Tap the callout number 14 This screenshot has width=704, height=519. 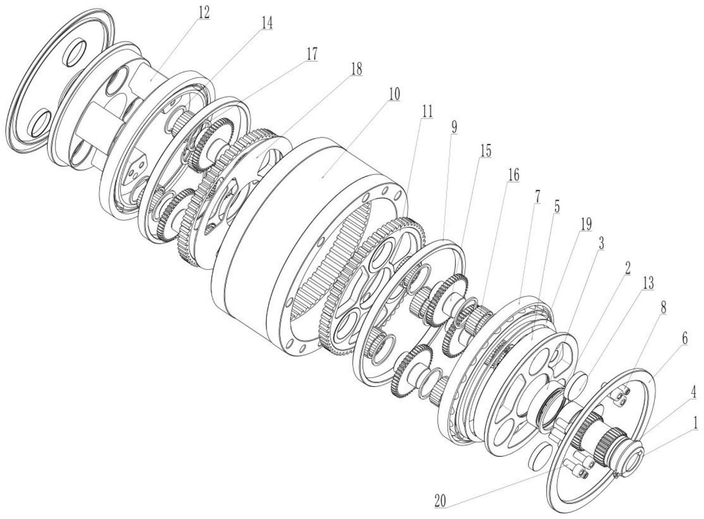[x=267, y=24]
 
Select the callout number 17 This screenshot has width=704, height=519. [x=312, y=55]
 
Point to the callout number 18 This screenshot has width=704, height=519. [x=356, y=69]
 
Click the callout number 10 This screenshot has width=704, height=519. [x=394, y=94]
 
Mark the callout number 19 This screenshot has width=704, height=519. [x=586, y=225]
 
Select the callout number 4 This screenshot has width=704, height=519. [x=693, y=393]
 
